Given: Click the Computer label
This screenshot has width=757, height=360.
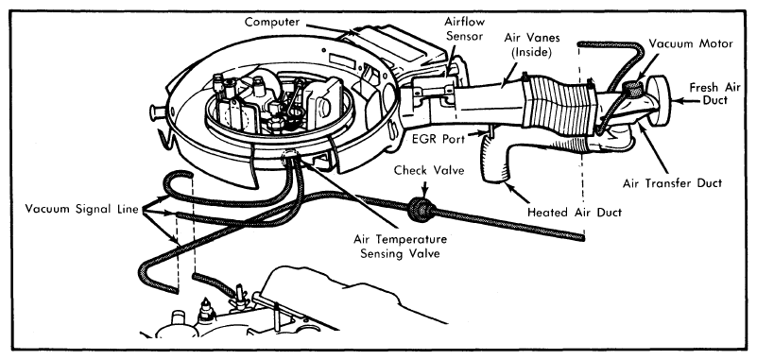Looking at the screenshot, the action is pos(272,22).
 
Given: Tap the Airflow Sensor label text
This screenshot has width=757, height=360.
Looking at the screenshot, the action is pos(464,29).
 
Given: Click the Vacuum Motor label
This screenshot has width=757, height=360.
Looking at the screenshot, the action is pos(691,43).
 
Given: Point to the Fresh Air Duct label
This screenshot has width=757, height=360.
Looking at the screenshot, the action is pos(712,94).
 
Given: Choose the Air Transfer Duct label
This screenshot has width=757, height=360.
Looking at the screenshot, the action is pos(672,183).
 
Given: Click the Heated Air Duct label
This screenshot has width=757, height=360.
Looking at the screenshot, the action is pos(575,212).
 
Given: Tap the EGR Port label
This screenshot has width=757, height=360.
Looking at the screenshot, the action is pos(439,139).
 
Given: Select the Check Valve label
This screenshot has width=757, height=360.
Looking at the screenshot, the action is pos(423,170).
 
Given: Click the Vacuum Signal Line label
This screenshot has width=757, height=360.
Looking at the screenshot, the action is pos(81,209).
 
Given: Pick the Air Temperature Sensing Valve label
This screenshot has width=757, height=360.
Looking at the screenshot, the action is pos(400,247).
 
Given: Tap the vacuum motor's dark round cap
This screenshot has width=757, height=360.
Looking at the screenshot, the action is pos(634,87).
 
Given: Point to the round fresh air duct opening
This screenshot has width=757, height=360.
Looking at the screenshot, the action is pos(659,100).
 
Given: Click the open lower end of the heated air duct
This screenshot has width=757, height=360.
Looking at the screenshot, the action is pos(493,179).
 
